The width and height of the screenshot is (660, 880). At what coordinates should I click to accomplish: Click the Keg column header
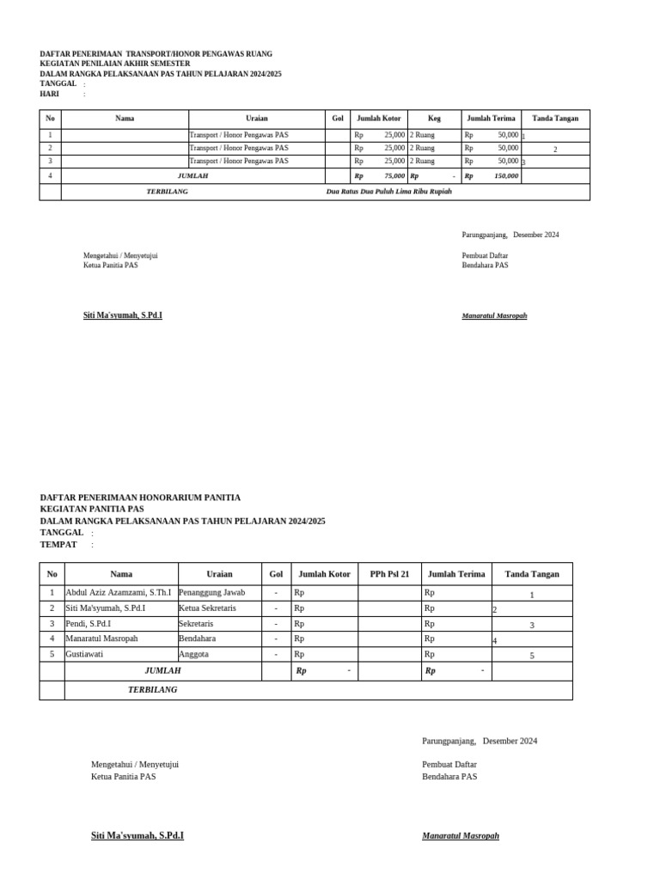434,119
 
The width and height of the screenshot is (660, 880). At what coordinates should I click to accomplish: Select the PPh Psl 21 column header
389,574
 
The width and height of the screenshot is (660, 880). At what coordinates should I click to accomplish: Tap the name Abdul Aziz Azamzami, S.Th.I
119,593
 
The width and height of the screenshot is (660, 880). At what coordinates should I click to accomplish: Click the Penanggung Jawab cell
211,593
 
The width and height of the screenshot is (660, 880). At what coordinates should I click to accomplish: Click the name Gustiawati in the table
84,655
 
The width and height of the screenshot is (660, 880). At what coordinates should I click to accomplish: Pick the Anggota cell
193,655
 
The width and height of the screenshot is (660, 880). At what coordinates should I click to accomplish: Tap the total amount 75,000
394,176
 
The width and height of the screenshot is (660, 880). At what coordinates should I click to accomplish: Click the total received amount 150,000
506,176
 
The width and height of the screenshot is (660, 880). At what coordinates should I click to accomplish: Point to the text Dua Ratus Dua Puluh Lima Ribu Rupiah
388,192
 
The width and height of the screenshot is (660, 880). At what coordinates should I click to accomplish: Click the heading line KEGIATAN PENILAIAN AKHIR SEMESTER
115,64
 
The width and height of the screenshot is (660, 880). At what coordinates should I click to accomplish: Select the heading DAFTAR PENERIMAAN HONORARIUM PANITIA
140,498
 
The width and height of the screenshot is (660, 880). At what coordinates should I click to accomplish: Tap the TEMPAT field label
58,545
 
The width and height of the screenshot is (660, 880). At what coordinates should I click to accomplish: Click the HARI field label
49,95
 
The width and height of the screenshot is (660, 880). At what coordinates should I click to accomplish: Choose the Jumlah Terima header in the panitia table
456,574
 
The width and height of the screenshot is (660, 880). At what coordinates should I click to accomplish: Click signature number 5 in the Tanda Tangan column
532,656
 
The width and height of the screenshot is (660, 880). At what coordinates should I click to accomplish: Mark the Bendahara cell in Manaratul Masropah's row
198,639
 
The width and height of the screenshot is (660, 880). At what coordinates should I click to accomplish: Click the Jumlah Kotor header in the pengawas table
379,119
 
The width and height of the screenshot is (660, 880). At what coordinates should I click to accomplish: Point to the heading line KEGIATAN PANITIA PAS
92,510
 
